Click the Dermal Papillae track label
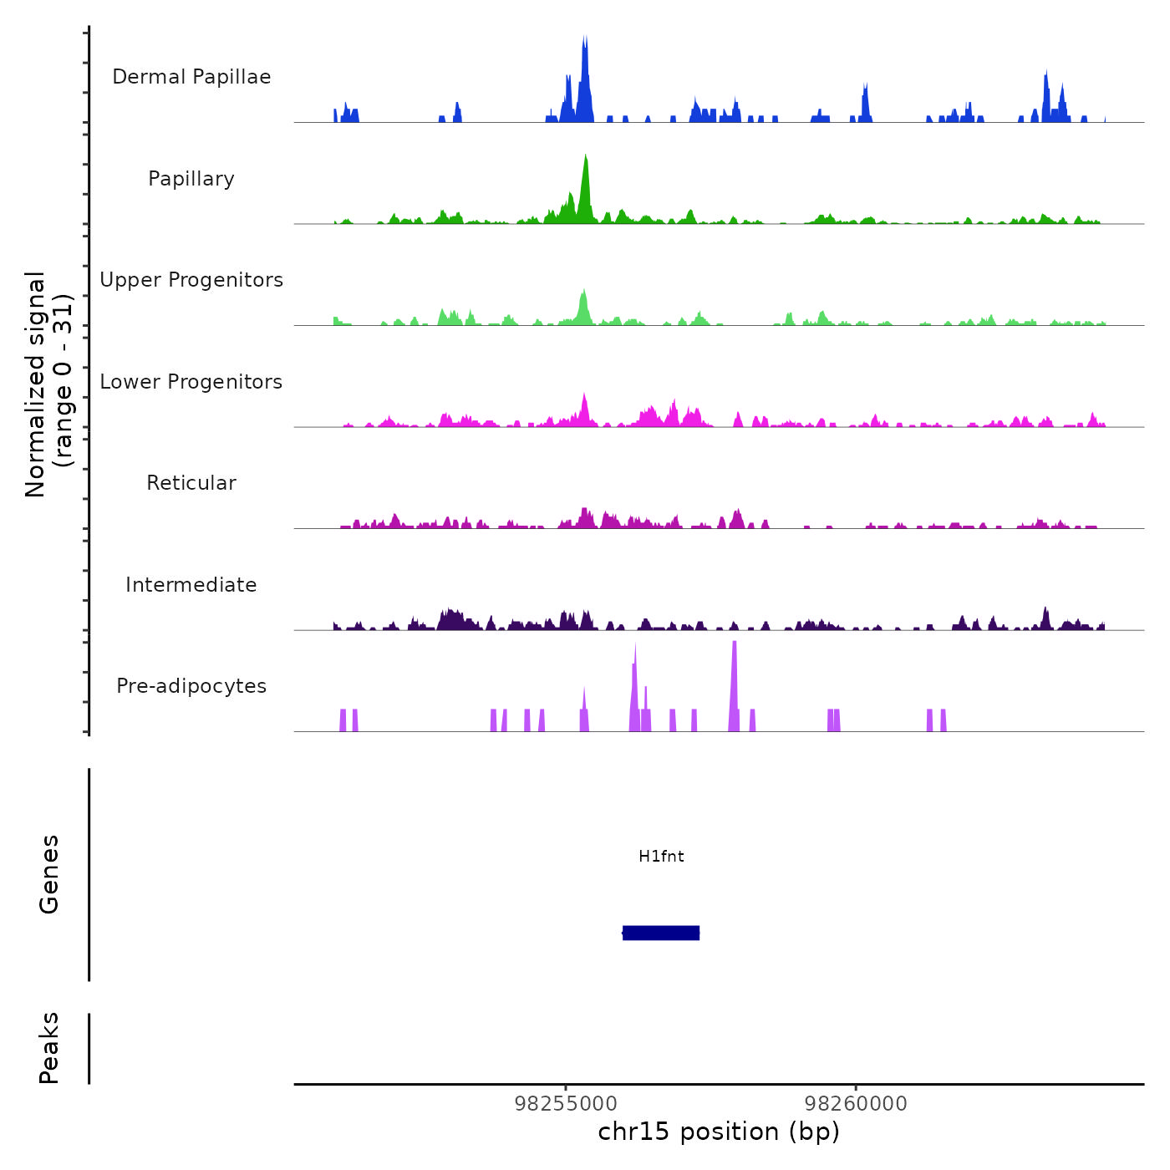coord(191,77)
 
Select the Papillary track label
coord(191,179)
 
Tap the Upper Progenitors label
coord(191,280)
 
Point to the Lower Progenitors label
coord(191,382)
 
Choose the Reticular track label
coord(191,483)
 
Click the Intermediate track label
coord(191,585)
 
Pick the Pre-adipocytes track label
coord(191,686)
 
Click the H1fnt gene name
coord(661,857)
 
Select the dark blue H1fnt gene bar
coord(661,933)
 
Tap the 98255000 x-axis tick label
coord(566,1104)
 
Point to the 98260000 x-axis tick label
coord(856,1104)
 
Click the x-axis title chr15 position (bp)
coord(719,1132)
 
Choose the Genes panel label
coord(49,874)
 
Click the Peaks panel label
coord(49,1048)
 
